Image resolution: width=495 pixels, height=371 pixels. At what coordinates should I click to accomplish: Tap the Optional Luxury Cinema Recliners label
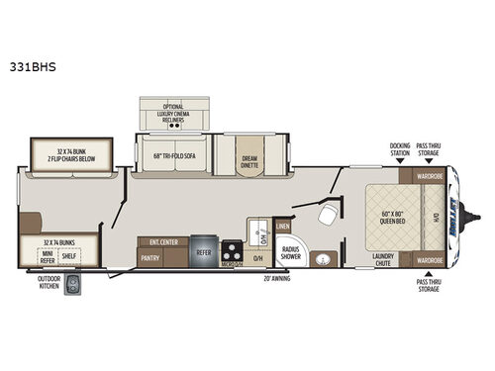pyautogui.click(x=174, y=115)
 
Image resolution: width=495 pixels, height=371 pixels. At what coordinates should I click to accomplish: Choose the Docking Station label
pyautogui.click(x=399, y=148)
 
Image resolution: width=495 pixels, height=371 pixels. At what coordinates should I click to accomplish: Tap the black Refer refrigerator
pyautogui.click(x=203, y=251)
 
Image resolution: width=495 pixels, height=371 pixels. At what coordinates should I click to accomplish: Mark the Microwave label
pyautogui.click(x=231, y=264)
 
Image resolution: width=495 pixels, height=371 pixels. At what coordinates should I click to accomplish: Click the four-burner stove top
pyautogui.click(x=231, y=249)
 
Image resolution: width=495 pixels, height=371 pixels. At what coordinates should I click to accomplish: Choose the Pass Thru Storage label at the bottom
pyautogui.click(x=429, y=285)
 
